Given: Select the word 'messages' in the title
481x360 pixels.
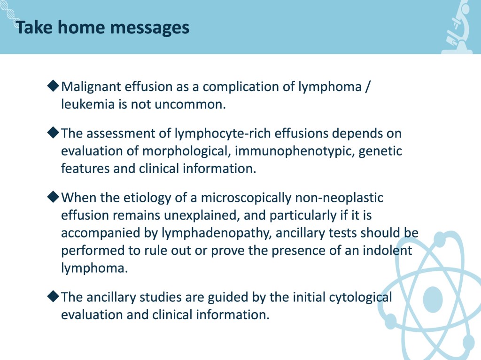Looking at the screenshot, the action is tap(149, 29).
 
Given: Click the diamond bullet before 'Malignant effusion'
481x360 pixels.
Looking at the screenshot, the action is tap(53, 85).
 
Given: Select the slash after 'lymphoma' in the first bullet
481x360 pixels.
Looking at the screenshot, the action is tap(368, 87).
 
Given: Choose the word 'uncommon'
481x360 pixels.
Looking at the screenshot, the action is tap(190, 105).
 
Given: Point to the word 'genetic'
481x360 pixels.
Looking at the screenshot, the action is tap(380, 151).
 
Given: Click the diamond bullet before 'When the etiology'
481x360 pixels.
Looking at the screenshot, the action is tap(53, 197).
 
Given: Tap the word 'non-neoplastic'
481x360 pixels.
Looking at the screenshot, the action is tap(339, 198).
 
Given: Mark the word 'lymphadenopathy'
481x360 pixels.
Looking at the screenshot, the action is tap(217, 233).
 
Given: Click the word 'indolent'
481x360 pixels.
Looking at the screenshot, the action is tap(387, 250).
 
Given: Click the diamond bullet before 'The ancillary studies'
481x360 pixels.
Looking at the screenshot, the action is tap(53, 296).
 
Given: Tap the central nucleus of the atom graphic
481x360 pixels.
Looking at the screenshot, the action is tap(433, 299).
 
